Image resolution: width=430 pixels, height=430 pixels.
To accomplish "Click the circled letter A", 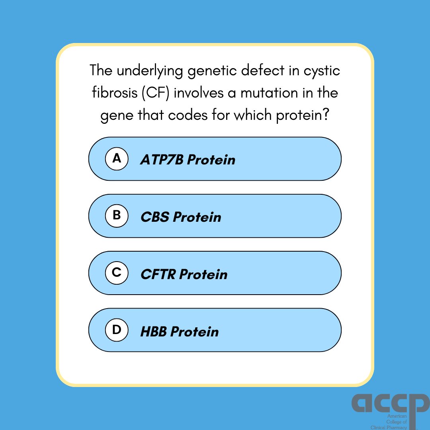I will pos(117,159).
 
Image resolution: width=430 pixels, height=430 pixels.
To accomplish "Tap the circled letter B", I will pos(117,216).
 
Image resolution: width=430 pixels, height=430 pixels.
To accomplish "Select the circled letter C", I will pos(117,273).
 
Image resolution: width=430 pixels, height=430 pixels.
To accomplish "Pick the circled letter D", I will pos(117,330).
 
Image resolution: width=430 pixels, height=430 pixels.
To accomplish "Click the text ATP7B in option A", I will pos(162,160).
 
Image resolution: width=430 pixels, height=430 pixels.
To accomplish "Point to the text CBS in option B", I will pos(155,217).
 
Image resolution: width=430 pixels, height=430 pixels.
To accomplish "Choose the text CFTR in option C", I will pos(158,275).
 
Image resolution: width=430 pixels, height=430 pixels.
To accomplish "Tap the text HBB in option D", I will pos(154,332).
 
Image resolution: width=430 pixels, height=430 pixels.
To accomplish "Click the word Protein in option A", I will pos(211,160).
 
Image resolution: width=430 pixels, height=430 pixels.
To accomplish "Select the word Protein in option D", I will pos(195,332).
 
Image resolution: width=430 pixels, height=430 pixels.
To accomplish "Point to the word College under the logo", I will pos(396,422).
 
